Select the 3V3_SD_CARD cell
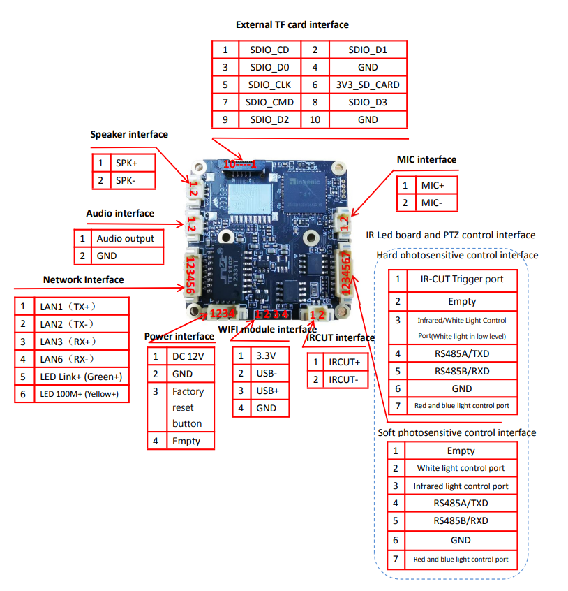coord(367,85)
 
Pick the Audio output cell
coord(126,238)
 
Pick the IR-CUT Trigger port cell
coord(462,279)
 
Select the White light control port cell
coord(461,468)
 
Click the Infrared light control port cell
coord(461,486)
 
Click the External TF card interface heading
coord(292,24)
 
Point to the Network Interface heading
coord(84,279)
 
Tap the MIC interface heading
coord(426,159)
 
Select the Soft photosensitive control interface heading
coord(457,432)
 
